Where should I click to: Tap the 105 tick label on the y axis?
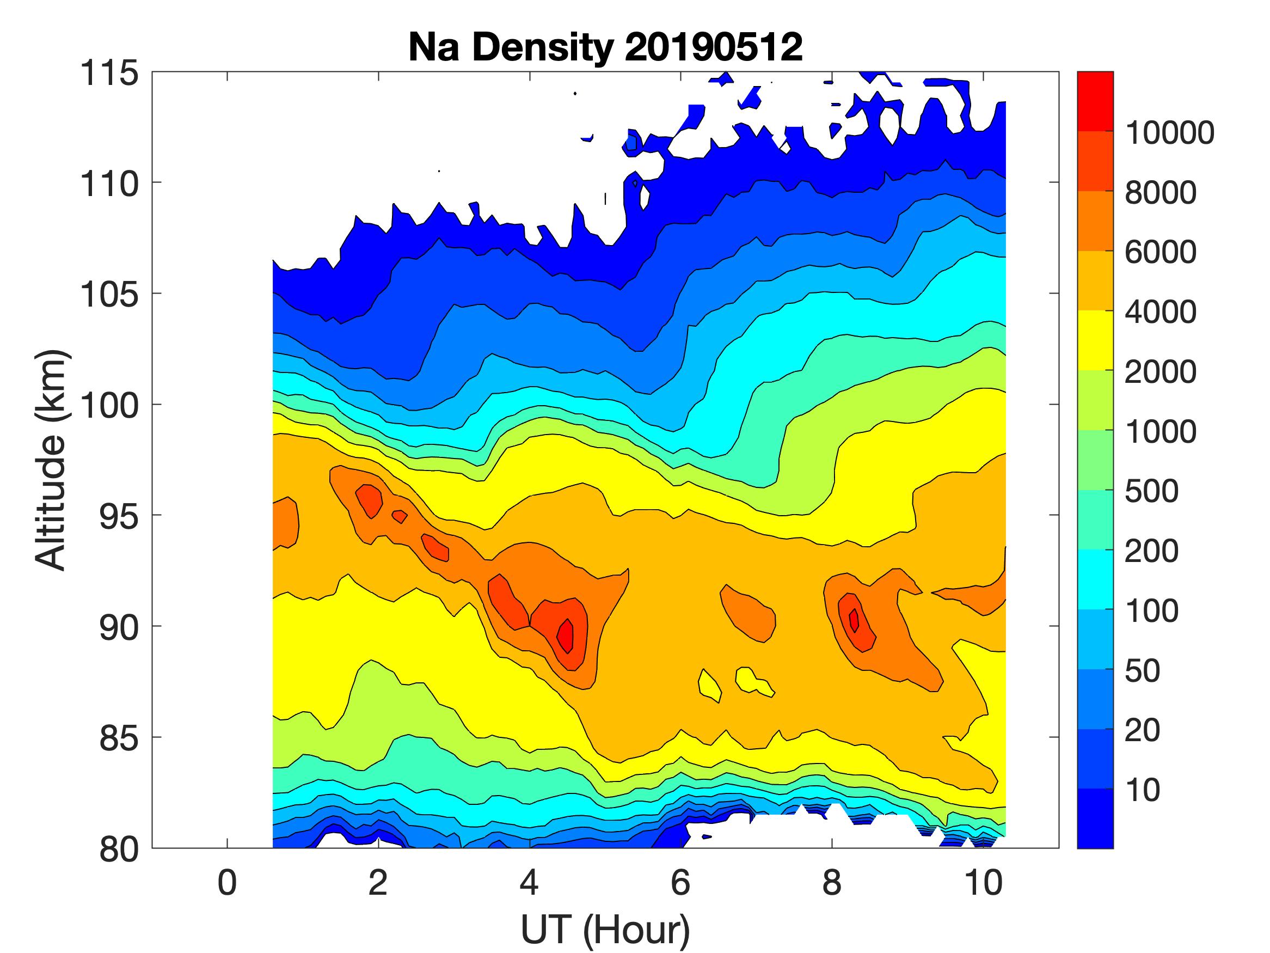[109, 295]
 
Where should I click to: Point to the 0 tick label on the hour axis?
[228, 882]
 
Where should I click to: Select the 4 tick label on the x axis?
[529, 882]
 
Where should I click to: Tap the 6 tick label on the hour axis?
[680, 882]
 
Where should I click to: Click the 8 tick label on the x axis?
[832, 882]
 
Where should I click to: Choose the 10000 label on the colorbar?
[1169, 133]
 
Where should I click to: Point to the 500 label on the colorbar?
[1151, 491]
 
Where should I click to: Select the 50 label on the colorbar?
[1143, 670]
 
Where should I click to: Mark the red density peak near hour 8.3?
[854, 620]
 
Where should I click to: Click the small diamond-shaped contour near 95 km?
[400, 516]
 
